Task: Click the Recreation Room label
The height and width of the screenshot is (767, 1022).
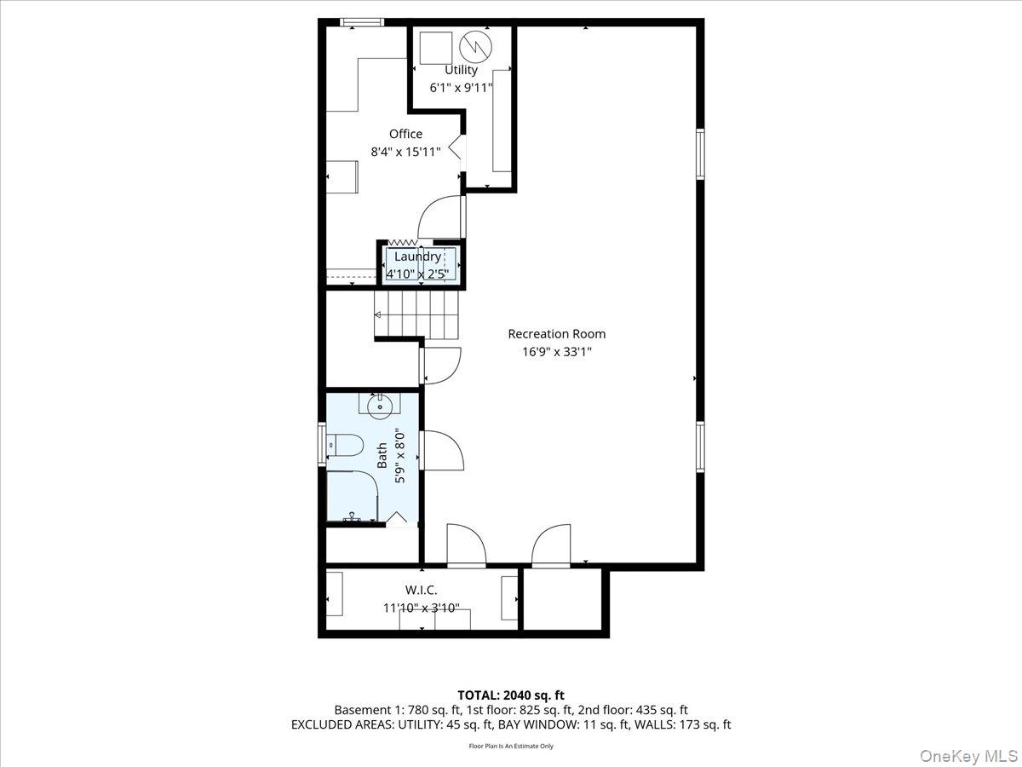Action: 557,334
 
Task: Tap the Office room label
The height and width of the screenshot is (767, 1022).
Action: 405,134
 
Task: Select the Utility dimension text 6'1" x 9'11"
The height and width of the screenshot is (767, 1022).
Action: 461,87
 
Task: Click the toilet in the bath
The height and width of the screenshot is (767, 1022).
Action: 347,446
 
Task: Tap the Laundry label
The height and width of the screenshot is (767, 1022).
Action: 417,257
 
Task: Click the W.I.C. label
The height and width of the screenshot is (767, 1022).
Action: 421,590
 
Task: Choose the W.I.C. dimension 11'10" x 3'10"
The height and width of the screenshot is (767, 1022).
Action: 422,608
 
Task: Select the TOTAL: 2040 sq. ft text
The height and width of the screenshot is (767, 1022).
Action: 511,695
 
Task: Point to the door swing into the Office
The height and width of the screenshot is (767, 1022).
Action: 440,216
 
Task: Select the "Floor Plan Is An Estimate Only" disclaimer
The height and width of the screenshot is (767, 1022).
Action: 511,746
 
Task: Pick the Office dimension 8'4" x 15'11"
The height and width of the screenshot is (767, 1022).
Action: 405,152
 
